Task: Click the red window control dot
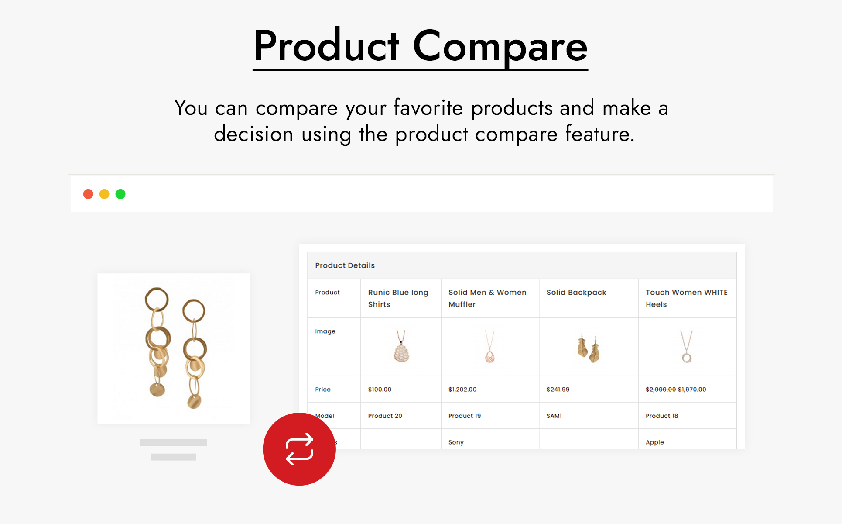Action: [88, 194]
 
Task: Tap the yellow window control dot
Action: [104, 194]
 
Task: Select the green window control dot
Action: [120, 194]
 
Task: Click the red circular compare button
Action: [299, 449]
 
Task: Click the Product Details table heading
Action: [345, 265]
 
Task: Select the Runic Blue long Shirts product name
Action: [398, 298]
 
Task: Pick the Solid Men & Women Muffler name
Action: [487, 298]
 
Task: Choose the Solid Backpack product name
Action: [576, 293]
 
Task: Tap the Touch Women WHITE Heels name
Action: [686, 298]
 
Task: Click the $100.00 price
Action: [380, 390]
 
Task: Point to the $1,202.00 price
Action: [462, 390]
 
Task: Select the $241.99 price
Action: [558, 390]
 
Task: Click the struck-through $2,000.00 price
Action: [661, 390]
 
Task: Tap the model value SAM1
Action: [554, 416]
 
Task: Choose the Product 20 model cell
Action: [385, 416]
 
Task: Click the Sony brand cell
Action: [456, 442]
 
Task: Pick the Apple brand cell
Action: [654, 442]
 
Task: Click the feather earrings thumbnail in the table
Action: [588, 347]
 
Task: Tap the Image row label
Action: [325, 331]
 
